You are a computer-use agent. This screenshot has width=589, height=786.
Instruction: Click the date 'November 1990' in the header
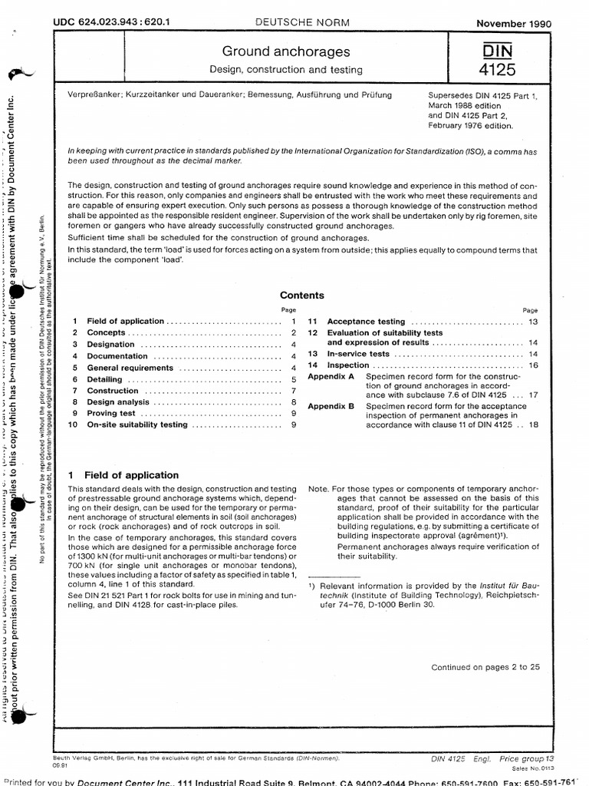(513, 24)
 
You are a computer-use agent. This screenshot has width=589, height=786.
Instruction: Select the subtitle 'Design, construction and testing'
(285, 70)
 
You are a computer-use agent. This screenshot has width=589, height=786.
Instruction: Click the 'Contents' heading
(301, 295)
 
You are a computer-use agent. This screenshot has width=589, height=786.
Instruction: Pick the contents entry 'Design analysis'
(118, 402)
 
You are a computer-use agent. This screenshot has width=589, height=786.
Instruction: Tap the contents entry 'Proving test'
(112, 414)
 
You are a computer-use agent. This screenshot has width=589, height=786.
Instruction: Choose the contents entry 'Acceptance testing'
(366, 322)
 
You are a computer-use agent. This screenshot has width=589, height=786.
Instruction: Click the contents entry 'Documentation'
(117, 356)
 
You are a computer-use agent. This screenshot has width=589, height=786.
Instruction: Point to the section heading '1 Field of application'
(123, 475)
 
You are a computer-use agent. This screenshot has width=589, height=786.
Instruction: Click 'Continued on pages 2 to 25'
(491, 667)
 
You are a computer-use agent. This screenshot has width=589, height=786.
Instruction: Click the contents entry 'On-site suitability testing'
(137, 424)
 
